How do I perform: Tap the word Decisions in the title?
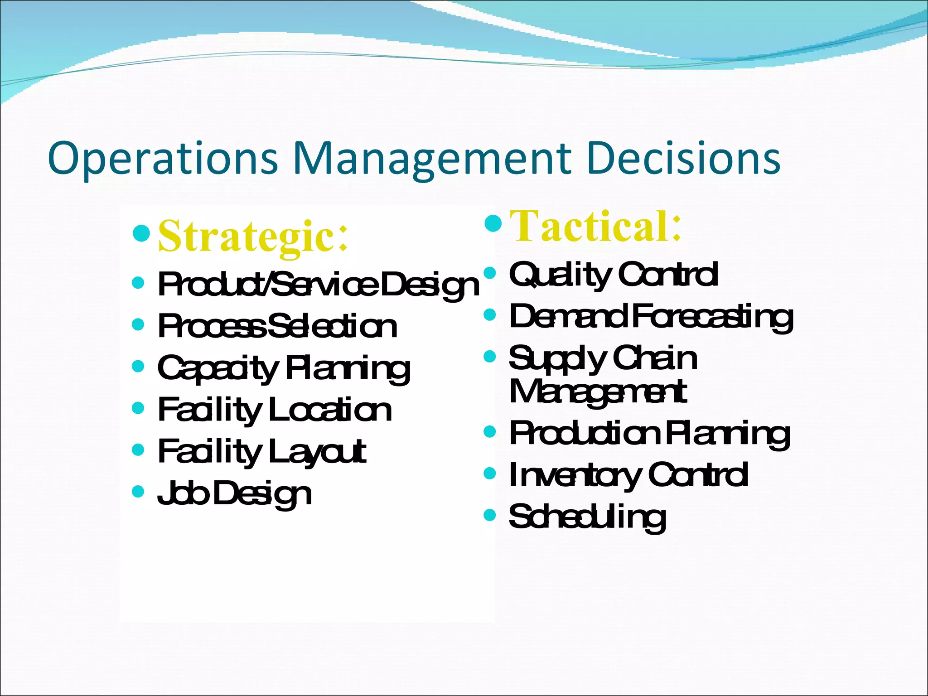click(x=683, y=159)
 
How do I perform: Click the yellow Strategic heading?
click(x=253, y=236)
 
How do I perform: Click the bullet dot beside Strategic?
click(x=141, y=233)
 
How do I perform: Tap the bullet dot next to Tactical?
click(x=493, y=222)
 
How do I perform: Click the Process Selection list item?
click(x=277, y=326)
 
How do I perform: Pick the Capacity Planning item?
click(x=284, y=368)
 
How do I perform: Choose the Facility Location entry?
click(x=275, y=410)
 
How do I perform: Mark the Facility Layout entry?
click(x=262, y=452)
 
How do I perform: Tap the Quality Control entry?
click(x=614, y=274)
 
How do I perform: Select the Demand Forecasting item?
click(x=651, y=316)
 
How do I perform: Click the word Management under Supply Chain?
click(x=598, y=391)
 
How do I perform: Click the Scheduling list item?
click(x=587, y=517)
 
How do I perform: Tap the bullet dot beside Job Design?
click(x=138, y=491)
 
